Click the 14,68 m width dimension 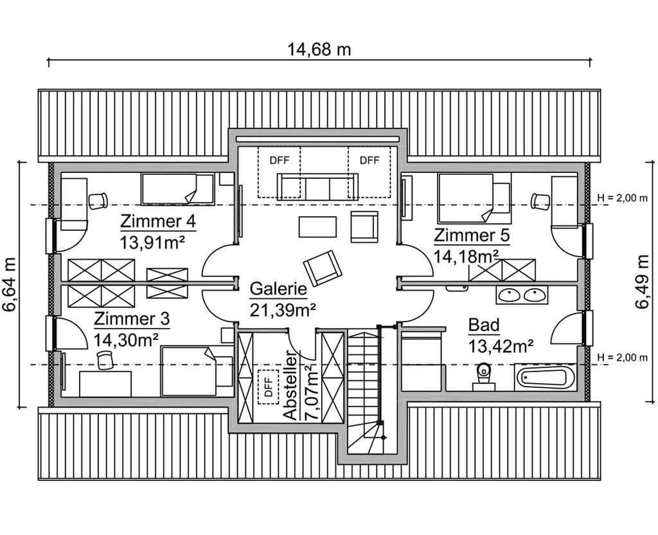coord(319,50)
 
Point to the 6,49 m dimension coord(642,282)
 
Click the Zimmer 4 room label coord(158,221)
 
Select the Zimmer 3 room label coord(132,319)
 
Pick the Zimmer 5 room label coord(472,235)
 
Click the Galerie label coord(278,289)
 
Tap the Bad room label coord(484,325)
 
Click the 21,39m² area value coord(283,310)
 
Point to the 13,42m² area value coord(501,347)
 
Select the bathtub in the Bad coord(546,377)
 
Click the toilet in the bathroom coord(484,376)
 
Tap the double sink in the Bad coord(522,295)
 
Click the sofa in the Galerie coord(317,186)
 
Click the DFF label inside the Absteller coord(269,386)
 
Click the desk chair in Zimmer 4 coord(98,201)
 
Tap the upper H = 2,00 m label coord(622,198)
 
